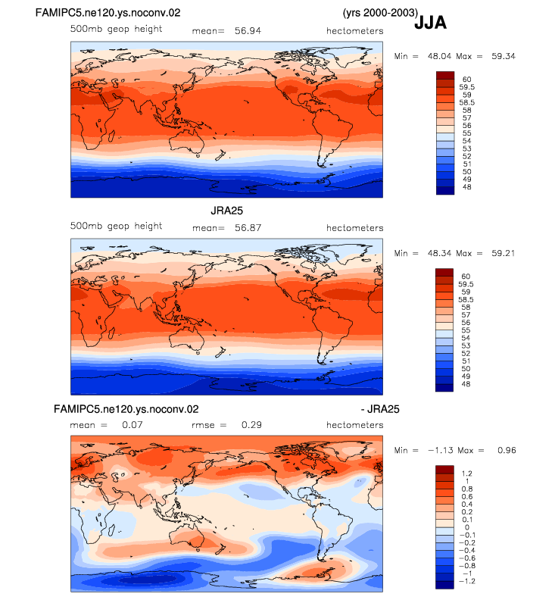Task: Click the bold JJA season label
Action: [430, 22]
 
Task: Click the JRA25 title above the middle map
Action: [227, 211]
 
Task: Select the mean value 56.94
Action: [248, 31]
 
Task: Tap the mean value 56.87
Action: [248, 228]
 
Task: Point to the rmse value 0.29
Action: [251, 425]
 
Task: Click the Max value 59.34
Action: [504, 56]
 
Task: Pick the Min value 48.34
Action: [439, 253]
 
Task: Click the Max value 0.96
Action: [507, 451]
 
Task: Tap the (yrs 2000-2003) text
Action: [380, 13]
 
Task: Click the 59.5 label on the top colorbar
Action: [466, 87]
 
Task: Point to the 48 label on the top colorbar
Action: [466, 187]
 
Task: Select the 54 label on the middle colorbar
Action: [466, 338]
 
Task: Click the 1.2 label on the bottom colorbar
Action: [466, 473]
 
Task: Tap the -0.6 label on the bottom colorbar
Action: [467, 558]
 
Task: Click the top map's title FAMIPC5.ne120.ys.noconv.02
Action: [108, 13]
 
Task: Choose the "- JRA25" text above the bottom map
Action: [380, 409]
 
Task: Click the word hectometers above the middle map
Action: [354, 228]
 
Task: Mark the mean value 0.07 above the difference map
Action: [132, 425]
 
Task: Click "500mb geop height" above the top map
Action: [116, 30]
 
